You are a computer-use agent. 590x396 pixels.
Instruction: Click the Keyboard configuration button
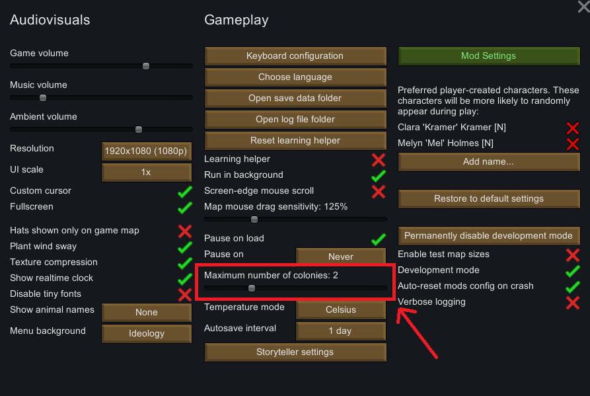pos(295,56)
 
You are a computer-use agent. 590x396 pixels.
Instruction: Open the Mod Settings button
pos(488,56)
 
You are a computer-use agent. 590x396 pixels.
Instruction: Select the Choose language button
pos(295,77)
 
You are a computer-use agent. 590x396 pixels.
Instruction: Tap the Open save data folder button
pos(295,99)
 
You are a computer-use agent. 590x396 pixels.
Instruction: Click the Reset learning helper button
pos(295,141)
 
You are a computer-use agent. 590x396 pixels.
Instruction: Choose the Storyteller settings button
pos(295,352)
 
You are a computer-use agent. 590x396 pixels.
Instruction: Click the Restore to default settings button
pos(488,199)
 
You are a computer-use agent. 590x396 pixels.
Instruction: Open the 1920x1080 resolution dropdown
pos(146,151)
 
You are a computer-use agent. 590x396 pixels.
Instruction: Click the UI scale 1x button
pos(146,173)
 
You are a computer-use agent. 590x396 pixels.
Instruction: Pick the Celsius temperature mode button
pos(340,310)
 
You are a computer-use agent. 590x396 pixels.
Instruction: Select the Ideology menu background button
pos(146,334)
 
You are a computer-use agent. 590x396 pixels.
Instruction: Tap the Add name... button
pos(488,162)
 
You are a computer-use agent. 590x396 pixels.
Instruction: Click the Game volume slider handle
pos(146,66)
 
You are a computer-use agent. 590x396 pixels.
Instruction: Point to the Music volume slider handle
pos(43,98)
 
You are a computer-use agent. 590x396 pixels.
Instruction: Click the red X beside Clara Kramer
pos(572,128)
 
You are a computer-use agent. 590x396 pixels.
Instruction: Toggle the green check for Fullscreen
pos(184,207)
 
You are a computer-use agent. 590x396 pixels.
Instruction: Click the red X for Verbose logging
pos(572,302)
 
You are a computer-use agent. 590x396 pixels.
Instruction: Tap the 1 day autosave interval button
pos(340,331)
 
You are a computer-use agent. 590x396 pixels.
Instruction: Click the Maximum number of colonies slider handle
pos(252,288)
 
